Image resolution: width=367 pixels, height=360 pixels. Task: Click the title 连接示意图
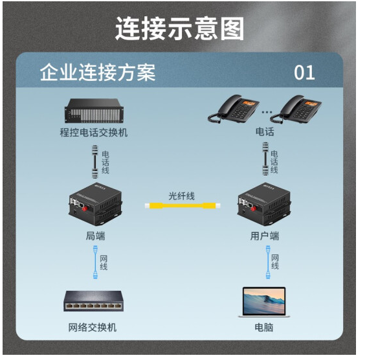click(180, 28)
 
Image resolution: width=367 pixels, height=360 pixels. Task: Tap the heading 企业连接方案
click(98, 73)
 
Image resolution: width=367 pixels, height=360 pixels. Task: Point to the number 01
click(304, 73)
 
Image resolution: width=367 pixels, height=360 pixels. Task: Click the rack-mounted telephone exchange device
click(94, 111)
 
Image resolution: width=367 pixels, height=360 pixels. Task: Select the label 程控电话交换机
click(94, 133)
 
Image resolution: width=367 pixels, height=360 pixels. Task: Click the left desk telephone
click(234, 109)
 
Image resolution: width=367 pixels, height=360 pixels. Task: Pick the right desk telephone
click(296, 109)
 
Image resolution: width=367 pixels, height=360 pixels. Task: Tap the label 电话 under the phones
click(265, 131)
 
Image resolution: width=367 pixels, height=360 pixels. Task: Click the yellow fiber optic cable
click(183, 206)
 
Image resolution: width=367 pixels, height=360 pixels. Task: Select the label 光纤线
click(182, 196)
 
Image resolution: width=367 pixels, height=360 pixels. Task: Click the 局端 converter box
click(96, 205)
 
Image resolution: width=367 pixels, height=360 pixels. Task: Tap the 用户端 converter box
click(265, 205)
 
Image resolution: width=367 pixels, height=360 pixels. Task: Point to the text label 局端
click(95, 236)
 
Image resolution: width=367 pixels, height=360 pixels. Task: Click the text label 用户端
click(265, 236)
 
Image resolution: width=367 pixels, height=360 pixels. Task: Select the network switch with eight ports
click(94, 301)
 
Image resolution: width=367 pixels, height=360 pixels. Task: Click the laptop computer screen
click(264, 301)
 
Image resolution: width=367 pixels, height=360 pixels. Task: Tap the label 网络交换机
click(93, 328)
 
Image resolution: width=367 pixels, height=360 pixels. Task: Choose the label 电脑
click(264, 328)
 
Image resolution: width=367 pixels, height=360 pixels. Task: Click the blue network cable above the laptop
click(268, 262)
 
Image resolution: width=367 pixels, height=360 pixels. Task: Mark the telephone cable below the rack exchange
click(95, 162)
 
